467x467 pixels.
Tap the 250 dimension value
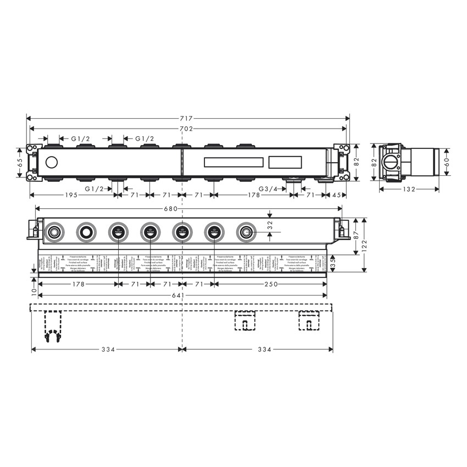tap(270, 283)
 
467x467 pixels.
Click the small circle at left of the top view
tap(52, 162)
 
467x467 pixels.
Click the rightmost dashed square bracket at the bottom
tap(309, 321)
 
